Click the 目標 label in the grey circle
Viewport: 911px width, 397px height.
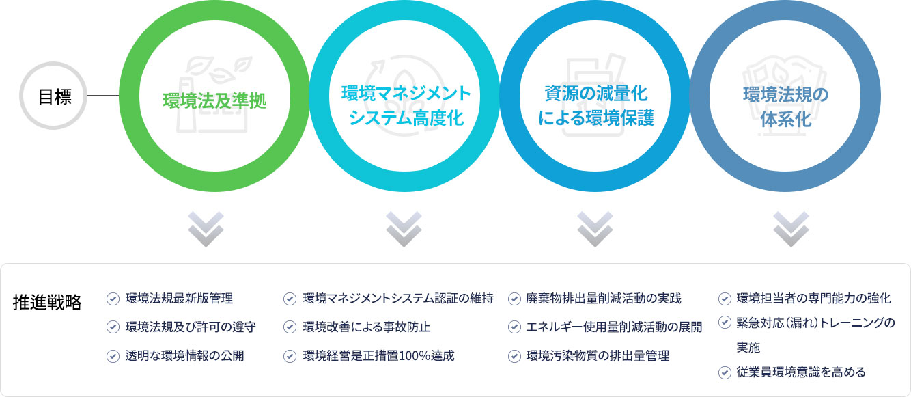tap(55, 96)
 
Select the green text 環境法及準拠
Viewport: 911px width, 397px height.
tap(214, 101)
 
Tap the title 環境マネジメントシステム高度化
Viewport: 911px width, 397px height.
tap(406, 106)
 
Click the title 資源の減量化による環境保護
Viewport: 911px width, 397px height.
tap(595, 106)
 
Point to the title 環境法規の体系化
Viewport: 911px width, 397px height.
tap(786, 107)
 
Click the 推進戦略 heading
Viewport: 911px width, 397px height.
tap(47, 302)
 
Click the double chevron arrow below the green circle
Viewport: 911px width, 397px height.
tap(206, 229)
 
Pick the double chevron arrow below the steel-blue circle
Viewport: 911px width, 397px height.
tap(791, 229)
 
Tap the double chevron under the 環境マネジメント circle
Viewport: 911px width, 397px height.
tap(404, 229)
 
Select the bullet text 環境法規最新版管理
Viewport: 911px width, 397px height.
tap(179, 299)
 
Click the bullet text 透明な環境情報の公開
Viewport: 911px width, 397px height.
tap(184, 356)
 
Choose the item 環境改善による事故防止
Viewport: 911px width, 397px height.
tap(367, 327)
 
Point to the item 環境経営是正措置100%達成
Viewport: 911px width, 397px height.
tap(378, 356)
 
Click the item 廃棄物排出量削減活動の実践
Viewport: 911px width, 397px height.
tap(604, 299)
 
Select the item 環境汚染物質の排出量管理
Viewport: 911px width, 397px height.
tap(598, 356)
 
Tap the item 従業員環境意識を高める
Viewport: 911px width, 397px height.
tap(801, 372)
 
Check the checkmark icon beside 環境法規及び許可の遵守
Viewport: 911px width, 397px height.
tap(113, 327)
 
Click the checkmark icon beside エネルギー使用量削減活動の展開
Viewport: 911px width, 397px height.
tap(514, 327)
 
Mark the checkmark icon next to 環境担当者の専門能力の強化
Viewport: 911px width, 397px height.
tap(725, 299)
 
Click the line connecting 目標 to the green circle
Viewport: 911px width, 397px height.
tap(103, 96)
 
